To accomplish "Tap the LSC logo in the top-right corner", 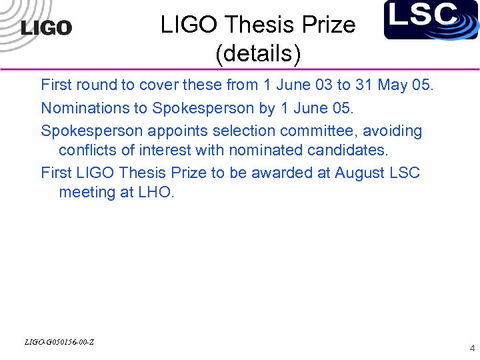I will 431,19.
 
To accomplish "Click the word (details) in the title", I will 258,54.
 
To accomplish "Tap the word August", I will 359,173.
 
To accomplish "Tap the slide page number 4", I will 472,347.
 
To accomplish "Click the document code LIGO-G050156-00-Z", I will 59,342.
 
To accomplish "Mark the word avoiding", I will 393,131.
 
